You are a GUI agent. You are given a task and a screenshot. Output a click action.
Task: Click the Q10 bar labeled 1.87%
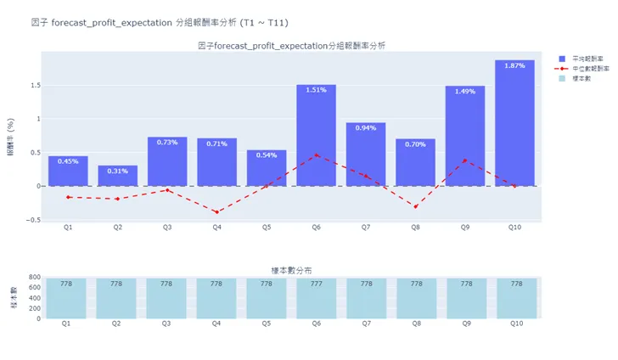(514, 123)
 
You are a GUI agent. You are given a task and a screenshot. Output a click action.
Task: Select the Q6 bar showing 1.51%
(316, 136)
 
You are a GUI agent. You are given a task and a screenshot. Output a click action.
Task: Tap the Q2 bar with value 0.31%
(117, 176)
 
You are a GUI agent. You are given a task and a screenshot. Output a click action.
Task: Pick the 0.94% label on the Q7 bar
(365, 128)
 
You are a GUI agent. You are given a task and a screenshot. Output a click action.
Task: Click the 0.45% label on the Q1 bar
(68, 161)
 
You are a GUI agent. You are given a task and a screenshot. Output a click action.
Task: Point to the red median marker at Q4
(216, 212)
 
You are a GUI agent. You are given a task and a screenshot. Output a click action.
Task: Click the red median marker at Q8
(415, 206)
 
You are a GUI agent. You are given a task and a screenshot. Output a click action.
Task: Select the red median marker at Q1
(68, 197)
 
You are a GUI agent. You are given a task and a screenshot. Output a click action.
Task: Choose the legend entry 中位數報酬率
(585, 67)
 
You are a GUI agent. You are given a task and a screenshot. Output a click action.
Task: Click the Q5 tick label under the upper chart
(267, 228)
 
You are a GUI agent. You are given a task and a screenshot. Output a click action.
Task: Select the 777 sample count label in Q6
(316, 284)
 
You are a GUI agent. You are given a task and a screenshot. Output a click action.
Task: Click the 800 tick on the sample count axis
(34, 278)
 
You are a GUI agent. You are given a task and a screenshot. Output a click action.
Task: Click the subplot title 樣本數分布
(290, 269)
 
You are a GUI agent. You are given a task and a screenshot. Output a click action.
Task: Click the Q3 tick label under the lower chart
(167, 324)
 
